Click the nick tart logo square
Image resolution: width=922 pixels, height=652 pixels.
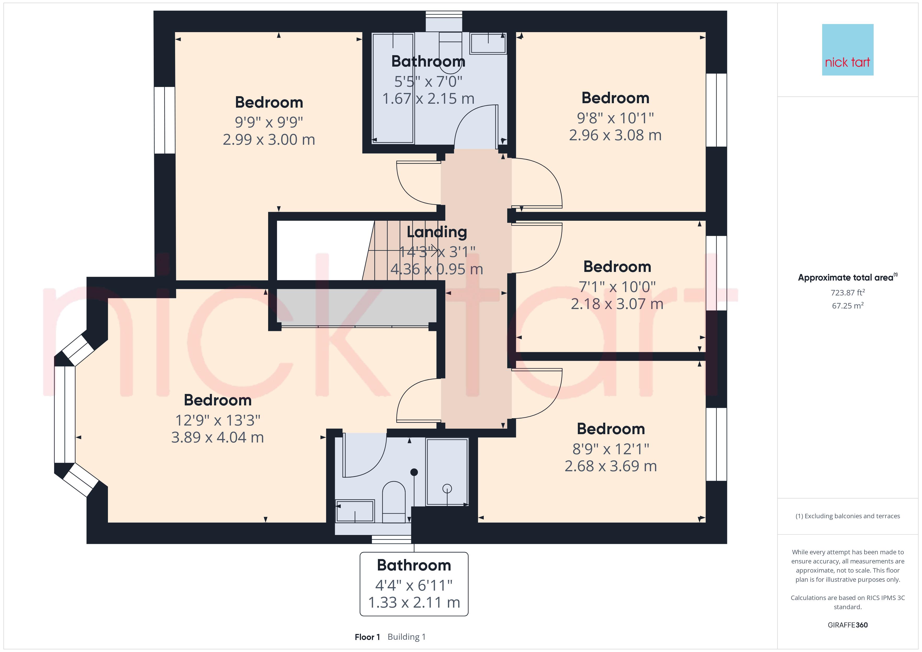(x=848, y=50)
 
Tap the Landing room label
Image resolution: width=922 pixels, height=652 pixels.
(x=437, y=232)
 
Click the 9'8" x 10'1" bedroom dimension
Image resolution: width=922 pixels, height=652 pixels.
(x=615, y=118)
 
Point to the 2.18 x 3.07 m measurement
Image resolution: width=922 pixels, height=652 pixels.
(x=617, y=304)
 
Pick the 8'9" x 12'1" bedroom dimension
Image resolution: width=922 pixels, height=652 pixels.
(x=611, y=449)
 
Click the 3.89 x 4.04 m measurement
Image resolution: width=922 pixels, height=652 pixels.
(x=218, y=437)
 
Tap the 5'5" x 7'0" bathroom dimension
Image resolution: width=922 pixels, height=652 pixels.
(x=428, y=81)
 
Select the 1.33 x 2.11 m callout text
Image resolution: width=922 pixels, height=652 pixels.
(x=414, y=602)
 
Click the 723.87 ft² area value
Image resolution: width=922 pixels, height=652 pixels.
(x=848, y=292)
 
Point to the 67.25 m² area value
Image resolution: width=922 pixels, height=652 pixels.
(x=848, y=306)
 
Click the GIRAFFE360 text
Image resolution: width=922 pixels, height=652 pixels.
(x=848, y=625)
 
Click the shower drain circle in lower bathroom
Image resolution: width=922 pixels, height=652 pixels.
(x=447, y=488)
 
